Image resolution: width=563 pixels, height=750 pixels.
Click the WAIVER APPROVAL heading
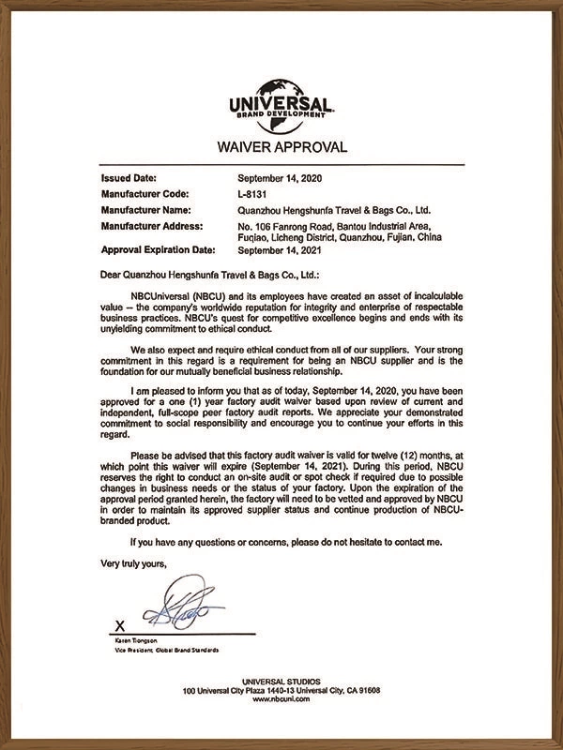point(281,146)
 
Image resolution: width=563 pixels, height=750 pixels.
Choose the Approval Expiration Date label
point(158,250)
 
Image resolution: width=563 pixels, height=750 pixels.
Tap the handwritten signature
point(182,608)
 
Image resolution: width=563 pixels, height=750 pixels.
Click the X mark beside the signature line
point(118,623)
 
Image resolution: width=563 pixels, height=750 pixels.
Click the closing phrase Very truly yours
point(133,562)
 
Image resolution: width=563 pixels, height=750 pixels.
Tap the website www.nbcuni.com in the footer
point(281,698)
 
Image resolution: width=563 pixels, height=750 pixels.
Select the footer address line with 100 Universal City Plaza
point(281,690)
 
